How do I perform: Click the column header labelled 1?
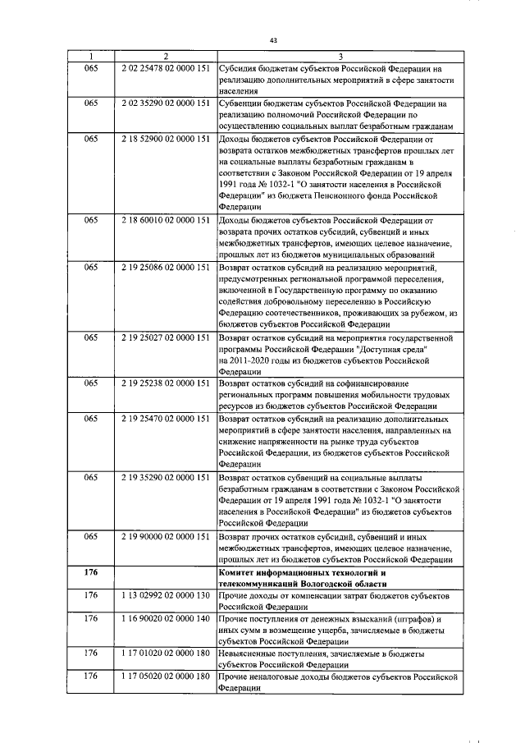[91, 56]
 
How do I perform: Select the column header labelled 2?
[166, 56]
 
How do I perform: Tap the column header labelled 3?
[340, 56]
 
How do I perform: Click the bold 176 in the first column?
[91, 571]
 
